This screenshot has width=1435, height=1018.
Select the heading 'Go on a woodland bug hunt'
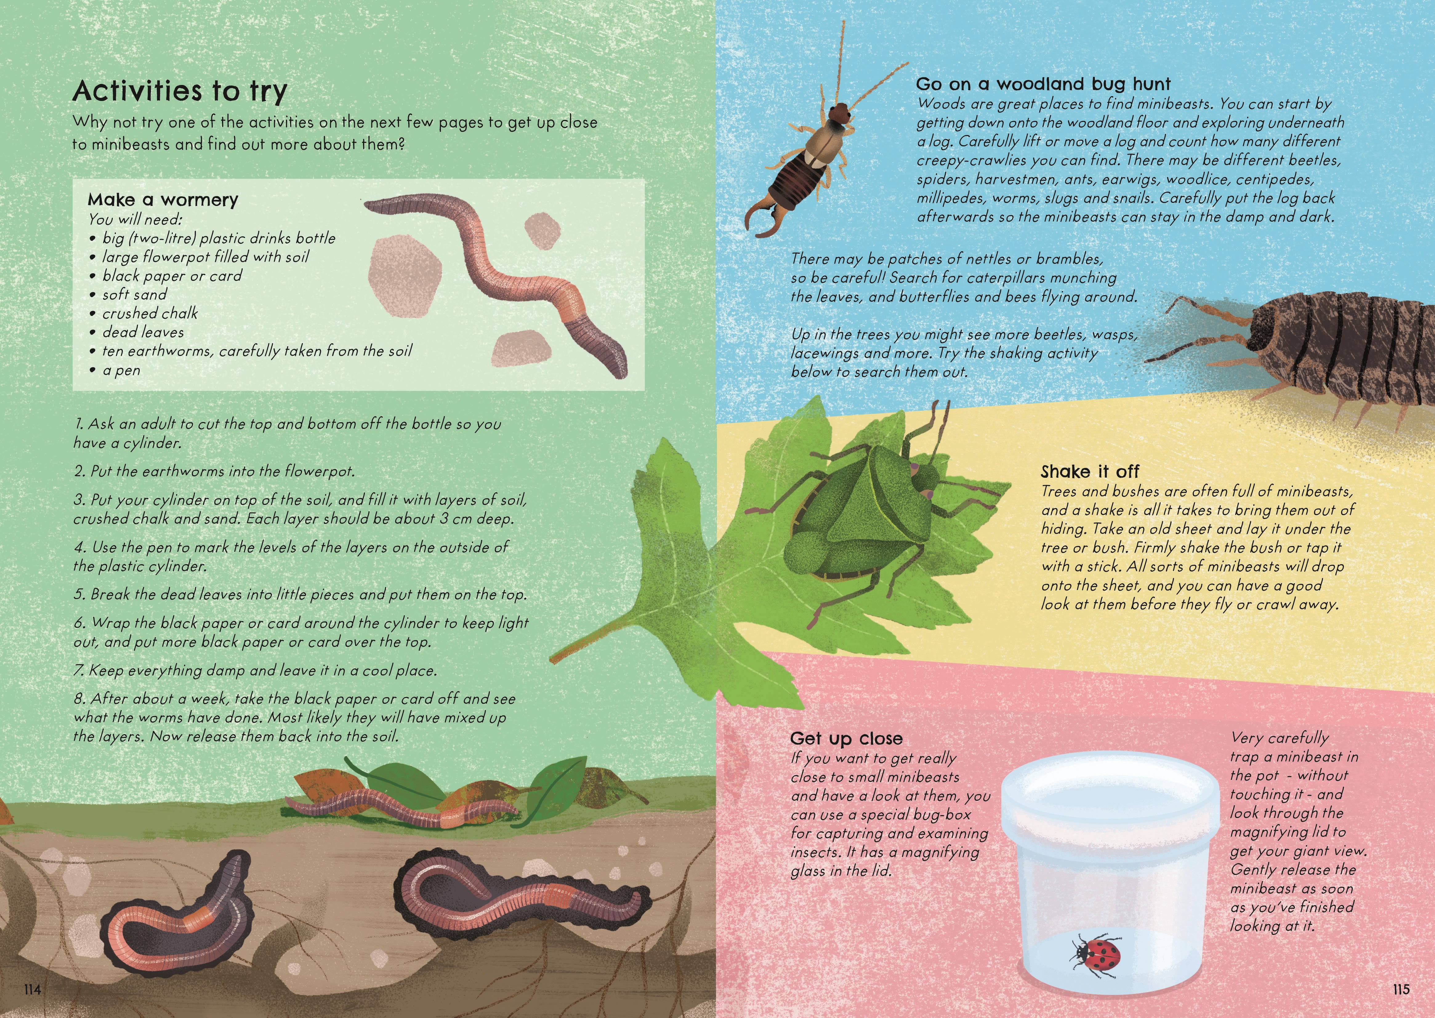pos(1042,84)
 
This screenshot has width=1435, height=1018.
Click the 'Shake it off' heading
pos(1090,471)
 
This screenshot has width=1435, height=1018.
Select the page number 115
pos(1401,989)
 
